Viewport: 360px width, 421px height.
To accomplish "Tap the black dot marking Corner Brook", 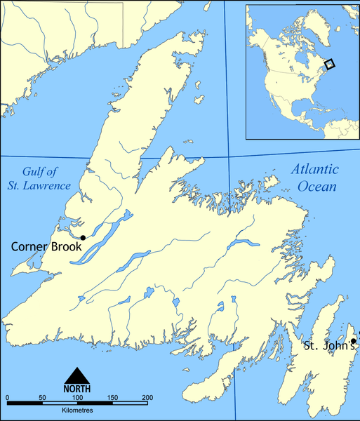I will pos(83,238).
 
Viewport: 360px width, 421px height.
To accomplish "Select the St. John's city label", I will pos(328,346).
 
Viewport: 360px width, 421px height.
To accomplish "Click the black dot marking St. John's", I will pos(353,341).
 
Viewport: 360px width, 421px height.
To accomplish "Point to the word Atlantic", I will pos(314,170).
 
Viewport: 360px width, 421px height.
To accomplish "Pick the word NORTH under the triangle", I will pos(79,388).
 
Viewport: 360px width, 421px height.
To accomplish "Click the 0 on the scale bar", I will pos(7,398).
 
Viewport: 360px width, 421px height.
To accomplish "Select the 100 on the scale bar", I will pos(76,398).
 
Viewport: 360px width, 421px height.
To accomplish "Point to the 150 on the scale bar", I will pos(112,398).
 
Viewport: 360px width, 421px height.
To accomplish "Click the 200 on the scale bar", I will pos(147,398).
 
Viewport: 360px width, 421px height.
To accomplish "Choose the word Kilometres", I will pos(77,414).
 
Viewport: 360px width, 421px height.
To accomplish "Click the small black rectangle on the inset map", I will pos(331,64).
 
